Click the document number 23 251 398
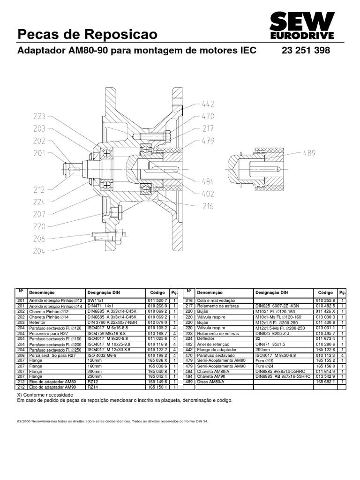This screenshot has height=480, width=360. [x=306, y=51]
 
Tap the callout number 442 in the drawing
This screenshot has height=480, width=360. [x=208, y=104]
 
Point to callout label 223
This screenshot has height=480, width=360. [x=40, y=116]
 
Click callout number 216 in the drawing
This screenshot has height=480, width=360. [x=208, y=205]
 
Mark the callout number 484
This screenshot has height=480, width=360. [x=208, y=181]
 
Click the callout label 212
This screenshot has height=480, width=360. [x=40, y=190]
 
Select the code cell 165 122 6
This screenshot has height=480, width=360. [x=325, y=349]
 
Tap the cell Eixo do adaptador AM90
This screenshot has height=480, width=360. [x=52, y=387]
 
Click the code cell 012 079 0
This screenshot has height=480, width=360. [x=157, y=322]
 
